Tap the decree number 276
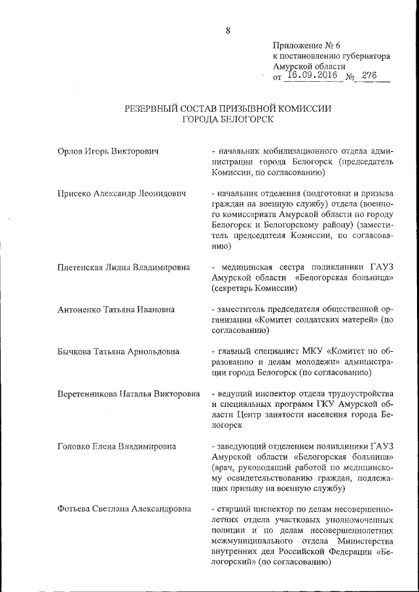[369, 75]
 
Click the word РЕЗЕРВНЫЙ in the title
[155, 109]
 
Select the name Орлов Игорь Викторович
[109, 152]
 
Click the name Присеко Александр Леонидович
[122, 194]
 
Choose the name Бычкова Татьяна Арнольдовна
[118, 351]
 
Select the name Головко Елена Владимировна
[117, 447]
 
